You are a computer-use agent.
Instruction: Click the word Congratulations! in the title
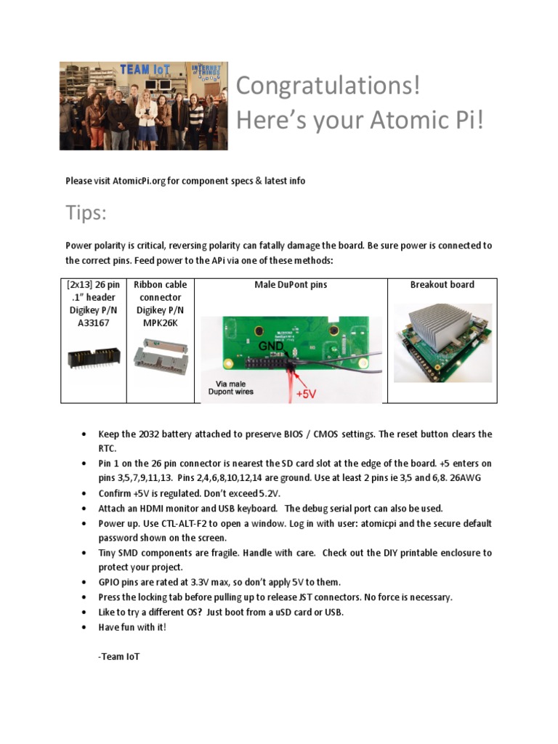328,86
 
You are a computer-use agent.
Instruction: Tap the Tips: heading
86,214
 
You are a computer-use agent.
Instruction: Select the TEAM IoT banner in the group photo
145,70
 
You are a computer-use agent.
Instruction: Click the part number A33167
93,323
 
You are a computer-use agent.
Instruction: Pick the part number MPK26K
160,323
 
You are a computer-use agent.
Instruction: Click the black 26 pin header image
93,357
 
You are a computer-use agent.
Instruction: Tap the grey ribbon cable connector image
160,355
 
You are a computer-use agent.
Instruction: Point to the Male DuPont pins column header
291,285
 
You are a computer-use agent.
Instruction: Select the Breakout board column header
442,285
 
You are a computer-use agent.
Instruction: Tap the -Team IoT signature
118,657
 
